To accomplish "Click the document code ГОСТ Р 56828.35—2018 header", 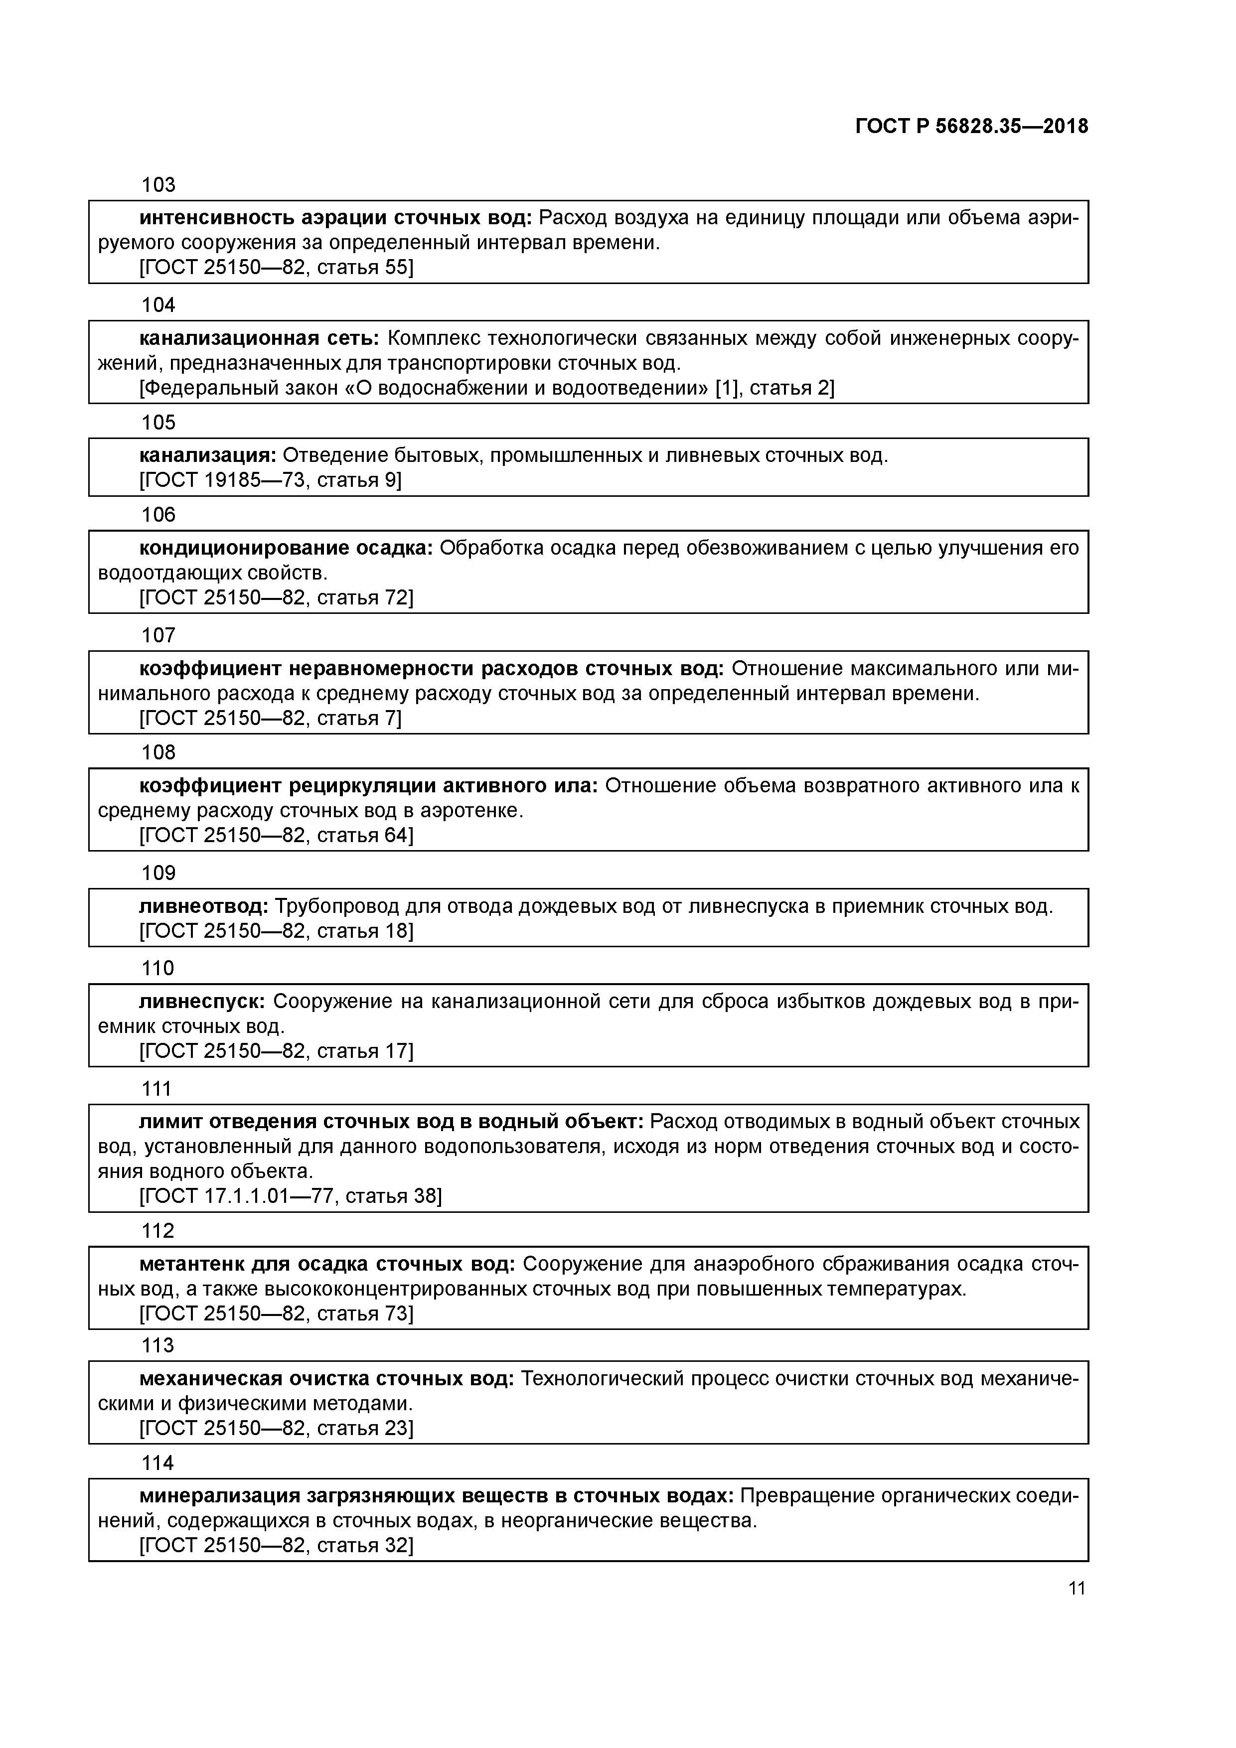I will [971, 127].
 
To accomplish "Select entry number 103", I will [158, 185].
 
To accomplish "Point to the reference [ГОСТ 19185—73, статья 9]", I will [270, 480].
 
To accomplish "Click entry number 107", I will [158, 635].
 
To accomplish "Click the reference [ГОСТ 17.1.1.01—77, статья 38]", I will [290, 1196].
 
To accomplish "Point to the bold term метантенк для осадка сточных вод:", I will [327, 1265].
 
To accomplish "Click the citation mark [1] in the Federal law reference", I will [727, 388].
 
